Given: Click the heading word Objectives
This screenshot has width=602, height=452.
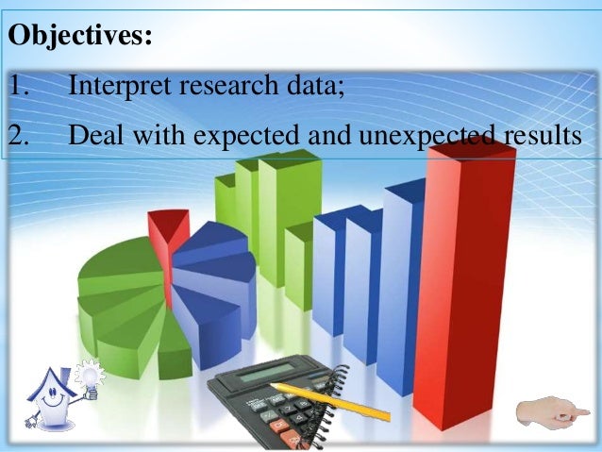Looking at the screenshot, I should click(x=79, y=39).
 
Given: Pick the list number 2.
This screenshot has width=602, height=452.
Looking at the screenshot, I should click(x=20, y=136).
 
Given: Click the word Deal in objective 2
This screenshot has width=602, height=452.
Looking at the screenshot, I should click(x=93, y=136).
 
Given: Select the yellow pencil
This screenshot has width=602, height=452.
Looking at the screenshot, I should click(x=330, y=401).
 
